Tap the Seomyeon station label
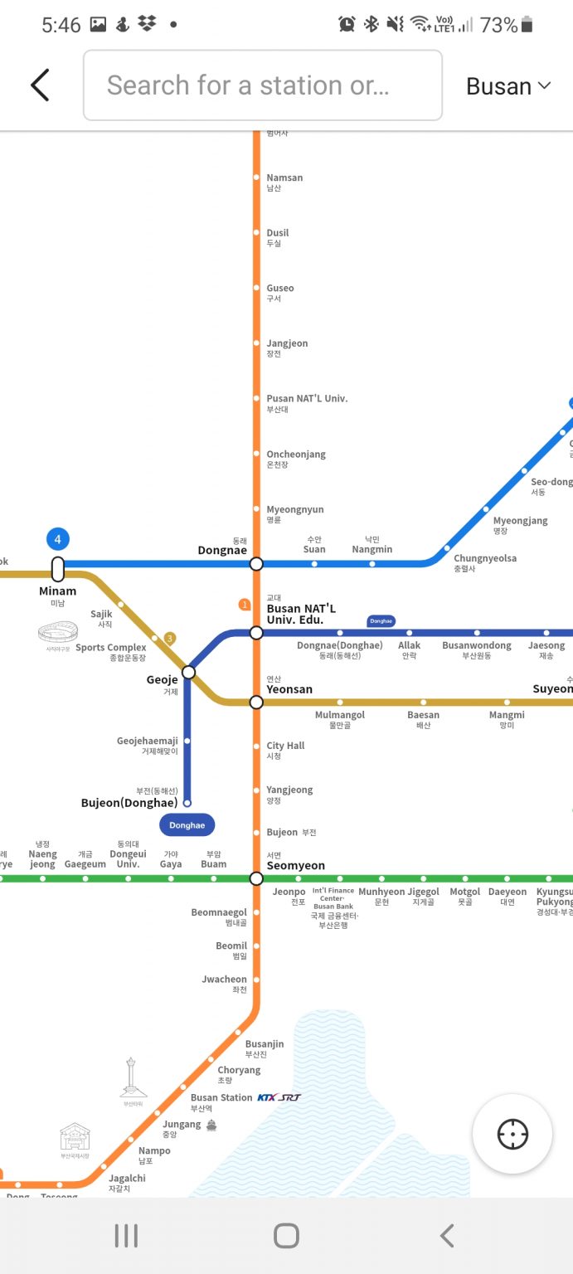295,865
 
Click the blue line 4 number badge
58,540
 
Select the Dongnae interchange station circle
256,564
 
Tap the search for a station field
262,85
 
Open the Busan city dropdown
508,86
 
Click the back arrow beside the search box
41,85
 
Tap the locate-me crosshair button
512,1134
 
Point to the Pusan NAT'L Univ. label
307,399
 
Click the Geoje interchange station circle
189,672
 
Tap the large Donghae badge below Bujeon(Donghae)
187,825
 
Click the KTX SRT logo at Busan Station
279,1097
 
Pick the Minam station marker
58,570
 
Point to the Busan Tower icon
131,1077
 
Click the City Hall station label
285,746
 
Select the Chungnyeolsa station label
485,558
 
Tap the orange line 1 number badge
244,605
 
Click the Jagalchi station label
127,1178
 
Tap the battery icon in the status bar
527,25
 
